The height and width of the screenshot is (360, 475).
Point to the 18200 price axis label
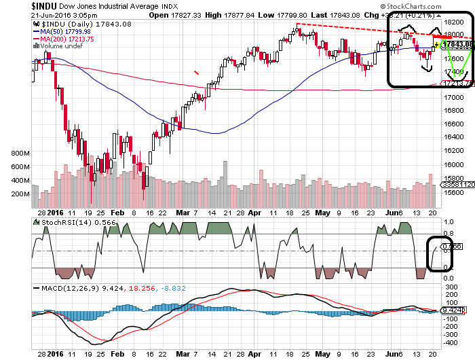point(453,22)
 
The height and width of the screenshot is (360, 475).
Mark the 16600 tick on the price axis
point(453,124)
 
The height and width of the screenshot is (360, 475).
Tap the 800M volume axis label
point(21,154)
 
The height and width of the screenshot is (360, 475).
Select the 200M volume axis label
point(21,194)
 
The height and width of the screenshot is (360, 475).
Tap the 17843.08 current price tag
point(459,45)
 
